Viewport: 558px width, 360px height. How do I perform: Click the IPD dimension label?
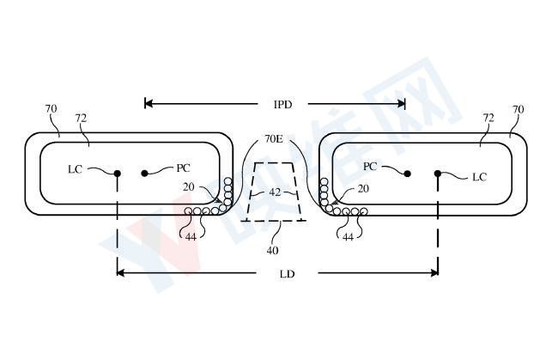coord(283,104)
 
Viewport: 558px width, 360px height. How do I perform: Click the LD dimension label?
coord(288,274)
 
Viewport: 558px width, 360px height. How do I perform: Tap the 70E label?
coord(274,138)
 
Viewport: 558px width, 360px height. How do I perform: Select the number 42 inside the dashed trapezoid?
coord(275,192)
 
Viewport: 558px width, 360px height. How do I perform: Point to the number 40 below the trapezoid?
coord(273,251)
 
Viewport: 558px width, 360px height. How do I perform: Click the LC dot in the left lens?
coord(117,174)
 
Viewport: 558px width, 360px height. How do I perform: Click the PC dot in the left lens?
coord(144,174)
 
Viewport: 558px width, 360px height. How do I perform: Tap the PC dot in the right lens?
coord(408,174)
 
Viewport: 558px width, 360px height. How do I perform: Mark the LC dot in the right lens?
coord(438,174)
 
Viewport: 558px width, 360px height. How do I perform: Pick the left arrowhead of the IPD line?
coord(149,104)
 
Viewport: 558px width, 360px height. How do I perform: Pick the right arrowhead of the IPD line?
coord(401,104)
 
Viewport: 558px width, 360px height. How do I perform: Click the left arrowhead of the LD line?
coord(121,272)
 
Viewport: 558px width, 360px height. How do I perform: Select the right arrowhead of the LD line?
coord(434,272)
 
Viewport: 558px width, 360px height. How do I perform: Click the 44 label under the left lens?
coord(191,237)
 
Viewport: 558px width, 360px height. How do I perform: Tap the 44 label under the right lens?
coord(348,237)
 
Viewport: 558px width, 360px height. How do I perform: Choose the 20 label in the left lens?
coord(189,187)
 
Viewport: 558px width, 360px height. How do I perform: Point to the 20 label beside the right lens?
coord(363,189)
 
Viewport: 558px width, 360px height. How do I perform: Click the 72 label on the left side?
coord(81,118)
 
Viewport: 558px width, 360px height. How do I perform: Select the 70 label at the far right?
coord(519,109)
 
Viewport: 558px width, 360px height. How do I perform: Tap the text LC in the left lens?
coord(75,169)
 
